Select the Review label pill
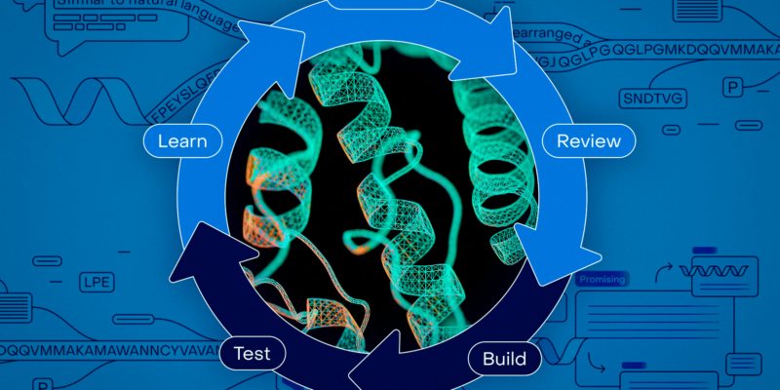tap(588, 140)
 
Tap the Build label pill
tap(504, 358)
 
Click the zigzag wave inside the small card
tap(718, 266)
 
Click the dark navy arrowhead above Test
tap(210, 249)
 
